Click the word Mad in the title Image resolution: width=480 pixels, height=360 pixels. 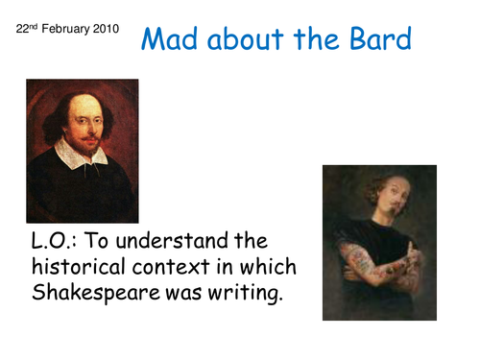coord(169,40)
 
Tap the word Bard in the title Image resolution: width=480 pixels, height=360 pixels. coord(379,40)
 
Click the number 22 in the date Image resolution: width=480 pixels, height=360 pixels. coord(23,30)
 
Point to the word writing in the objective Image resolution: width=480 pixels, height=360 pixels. coord(246,293)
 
